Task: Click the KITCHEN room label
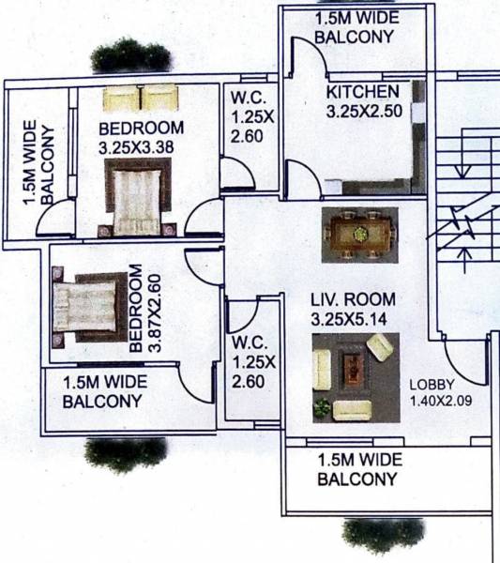[x=363, y=92]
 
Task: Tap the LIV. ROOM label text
[x=354, y=299]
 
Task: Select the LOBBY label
[x=433, y=385]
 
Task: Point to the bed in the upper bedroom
[x=139, y=199]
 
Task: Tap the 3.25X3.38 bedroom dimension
[x=141, y=146]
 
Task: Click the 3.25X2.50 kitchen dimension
[x=363, y=111]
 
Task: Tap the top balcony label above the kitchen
[x=354, y=28]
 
